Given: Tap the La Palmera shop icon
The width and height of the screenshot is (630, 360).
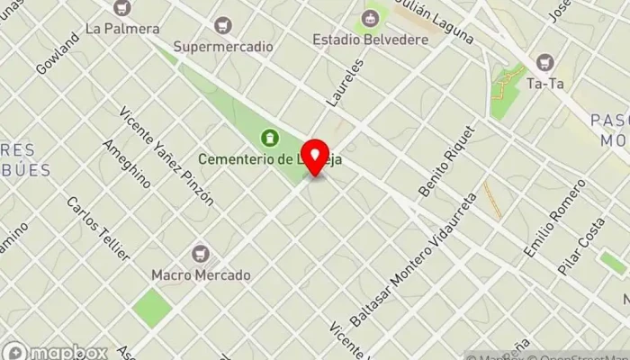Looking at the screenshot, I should pos(123,8).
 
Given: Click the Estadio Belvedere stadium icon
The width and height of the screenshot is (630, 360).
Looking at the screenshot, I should pos(369,17).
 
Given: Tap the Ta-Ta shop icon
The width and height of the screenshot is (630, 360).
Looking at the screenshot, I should pos(544,62).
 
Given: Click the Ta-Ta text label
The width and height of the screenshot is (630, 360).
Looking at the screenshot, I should pos(544,83).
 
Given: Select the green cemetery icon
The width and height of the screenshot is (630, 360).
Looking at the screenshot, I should pos(267,137).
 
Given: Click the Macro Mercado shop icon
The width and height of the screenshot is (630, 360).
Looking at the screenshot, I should pos(200,254).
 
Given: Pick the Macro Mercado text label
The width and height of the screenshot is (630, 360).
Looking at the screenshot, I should pos(201,274).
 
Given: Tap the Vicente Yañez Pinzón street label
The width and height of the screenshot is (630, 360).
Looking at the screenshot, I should pos(167,155).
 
